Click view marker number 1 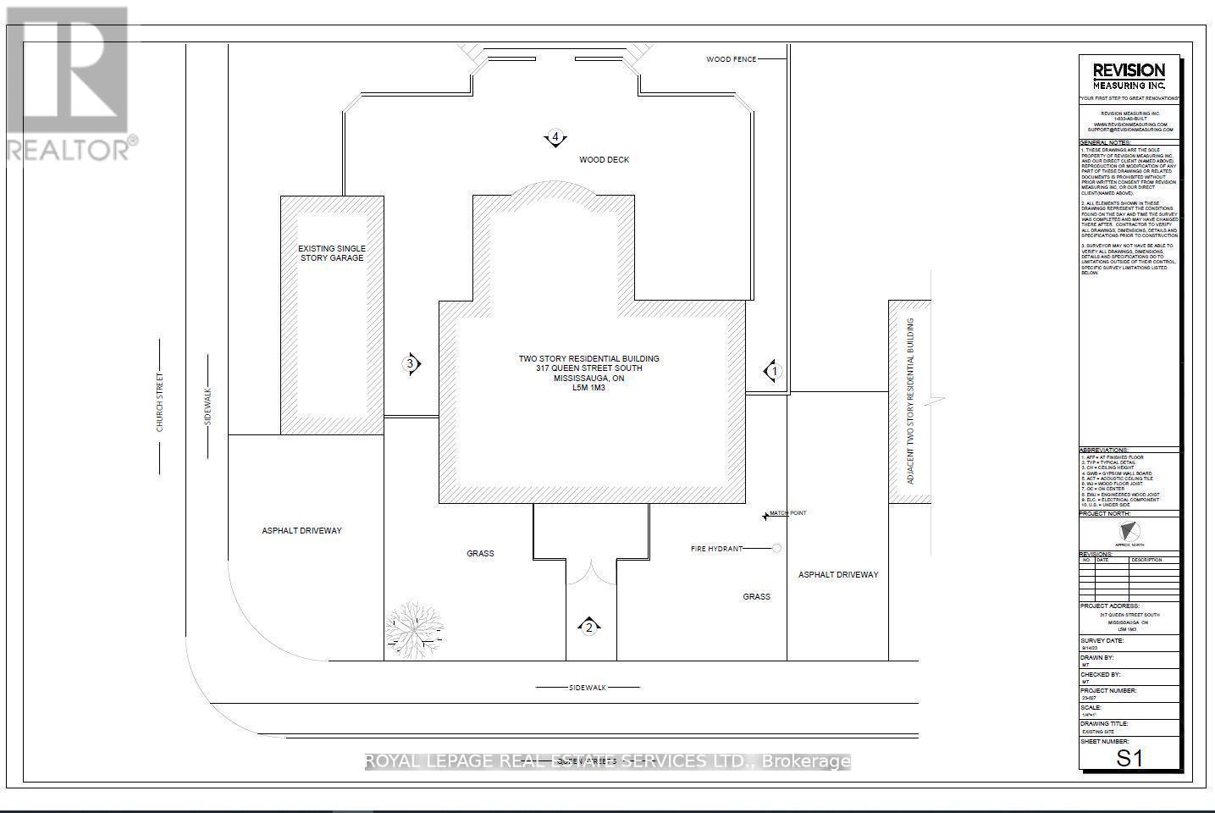click(x=772, y=371)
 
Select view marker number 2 click(x=589, y=627)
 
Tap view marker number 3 click(x=411, y=364)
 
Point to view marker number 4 click(x=555, y=137)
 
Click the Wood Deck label click(x=604, y=159)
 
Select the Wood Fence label click(x=731, y=59)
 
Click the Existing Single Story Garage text click(x=332, y=253)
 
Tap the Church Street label click(x=159, y=402)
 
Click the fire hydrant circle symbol click(x=776, y=549)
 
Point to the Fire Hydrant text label click(x=716, y=549)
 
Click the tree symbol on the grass click(x=415, y=628)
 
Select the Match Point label click(x=787, y=513)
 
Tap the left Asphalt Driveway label click(x=301, y=531)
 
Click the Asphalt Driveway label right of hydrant click(x=838, y=574)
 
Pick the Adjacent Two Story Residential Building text click(x=911, y=401)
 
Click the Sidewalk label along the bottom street click(x=588, y=688)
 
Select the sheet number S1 click(x=1129, y=758)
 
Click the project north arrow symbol click(x=1128, y=533)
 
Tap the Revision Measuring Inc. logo click(x=1129, y=76)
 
